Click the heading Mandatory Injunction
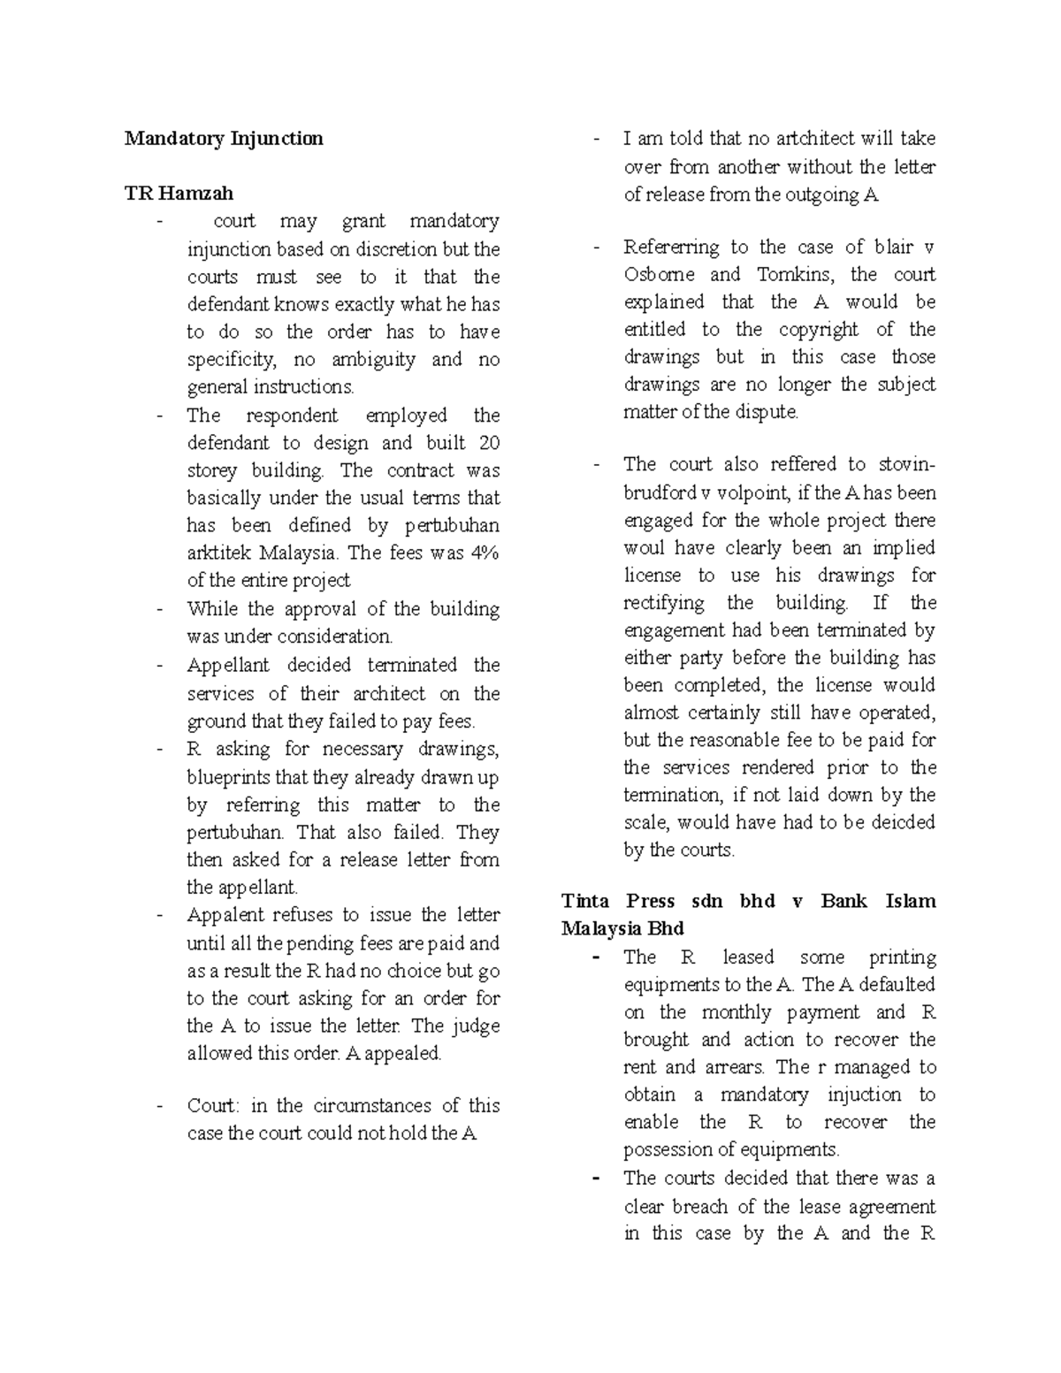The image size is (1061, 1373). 224,139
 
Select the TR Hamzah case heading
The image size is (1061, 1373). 179,193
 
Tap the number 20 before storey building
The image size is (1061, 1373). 488,443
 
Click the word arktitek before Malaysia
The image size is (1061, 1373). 218,553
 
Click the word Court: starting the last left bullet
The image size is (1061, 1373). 213,1106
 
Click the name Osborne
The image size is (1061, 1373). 659,275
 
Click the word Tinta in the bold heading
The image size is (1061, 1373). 585,902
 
